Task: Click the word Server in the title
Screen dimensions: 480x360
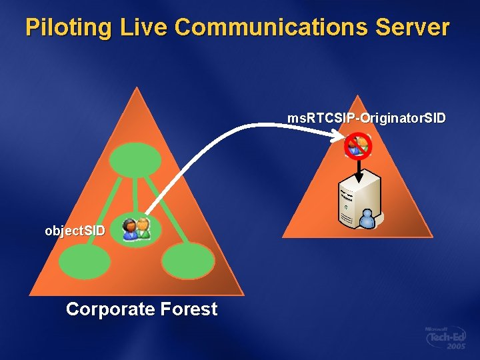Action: point(413,28)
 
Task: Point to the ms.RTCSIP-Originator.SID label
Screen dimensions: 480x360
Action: point(367,118)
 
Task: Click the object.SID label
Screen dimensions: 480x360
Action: point(75,231)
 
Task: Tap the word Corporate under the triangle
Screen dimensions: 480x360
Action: point(111,309)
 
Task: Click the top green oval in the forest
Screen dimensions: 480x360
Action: point(135,159)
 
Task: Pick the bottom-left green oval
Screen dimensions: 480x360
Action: point(85,261)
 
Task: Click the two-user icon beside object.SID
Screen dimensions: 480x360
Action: point(137,229)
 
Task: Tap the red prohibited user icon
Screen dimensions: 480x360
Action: point(357,145)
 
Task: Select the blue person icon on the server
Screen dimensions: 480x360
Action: point(367,217)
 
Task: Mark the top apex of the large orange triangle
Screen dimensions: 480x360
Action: point(137,88)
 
